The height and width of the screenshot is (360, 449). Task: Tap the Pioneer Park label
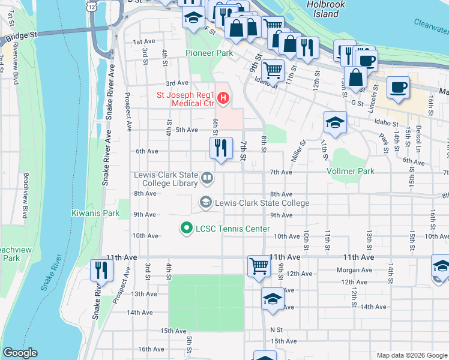click(x=208, y=53)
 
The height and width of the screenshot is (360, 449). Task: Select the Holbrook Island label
click(x=323, y=9)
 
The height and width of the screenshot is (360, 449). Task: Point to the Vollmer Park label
click(x=350, y=172)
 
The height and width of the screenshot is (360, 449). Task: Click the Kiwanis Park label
click(x=95, y=213)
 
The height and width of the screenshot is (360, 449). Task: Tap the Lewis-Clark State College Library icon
click(x=206, y=177)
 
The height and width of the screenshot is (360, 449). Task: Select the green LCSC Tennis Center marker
click(x=186, y=229)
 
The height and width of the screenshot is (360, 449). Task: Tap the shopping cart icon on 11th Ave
click(x=259, y=265)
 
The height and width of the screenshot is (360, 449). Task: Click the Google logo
click(x=20, y=353)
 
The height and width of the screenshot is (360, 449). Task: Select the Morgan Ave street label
click(x=355, y=270)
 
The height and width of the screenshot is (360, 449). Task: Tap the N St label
click(x=276, y=329)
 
